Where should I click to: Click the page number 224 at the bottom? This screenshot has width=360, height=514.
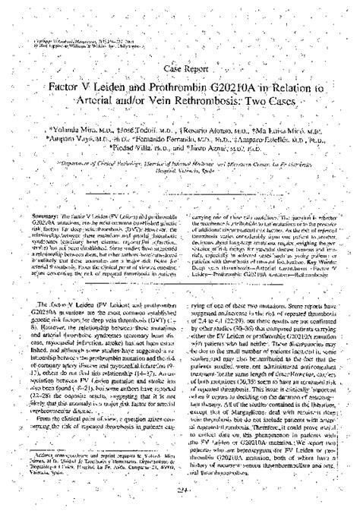[179, 492]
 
